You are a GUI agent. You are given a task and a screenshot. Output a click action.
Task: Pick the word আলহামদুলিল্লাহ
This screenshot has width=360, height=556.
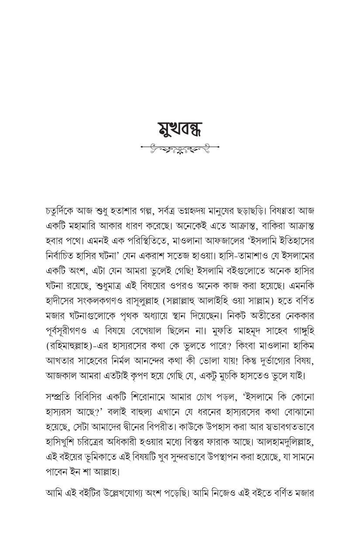pos(281,442)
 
